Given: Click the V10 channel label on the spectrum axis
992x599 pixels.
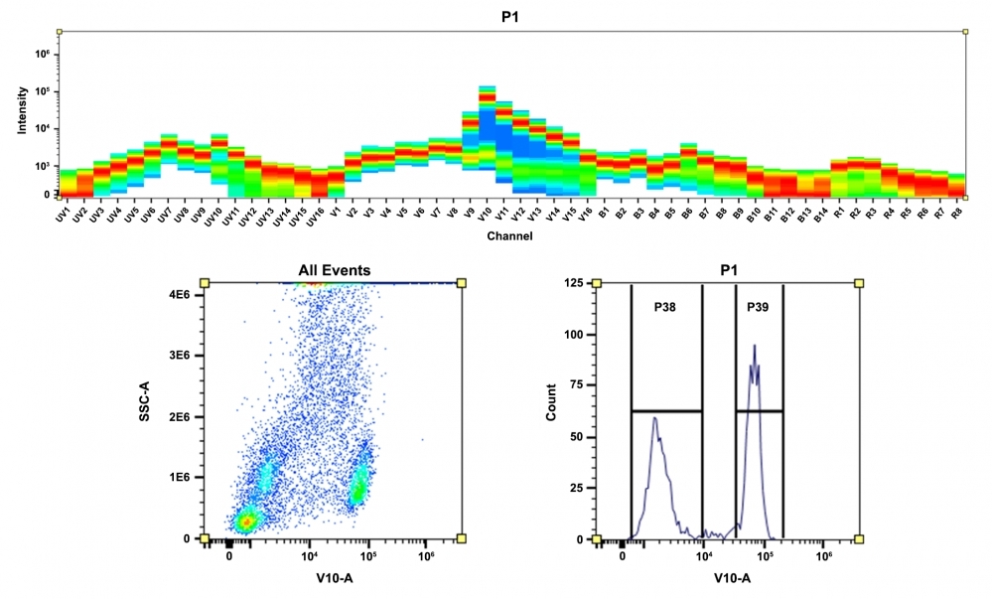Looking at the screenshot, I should [485, 215].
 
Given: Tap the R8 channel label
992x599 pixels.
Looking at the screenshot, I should [956, 214].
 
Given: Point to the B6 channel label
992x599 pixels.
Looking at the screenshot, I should [687, 214].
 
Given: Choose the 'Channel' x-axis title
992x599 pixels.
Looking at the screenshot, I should [509, 236].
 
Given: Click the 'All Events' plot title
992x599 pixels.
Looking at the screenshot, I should [334, 269].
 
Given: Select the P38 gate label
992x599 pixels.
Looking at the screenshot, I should [666, 307].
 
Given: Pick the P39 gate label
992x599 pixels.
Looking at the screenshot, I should [759, 307].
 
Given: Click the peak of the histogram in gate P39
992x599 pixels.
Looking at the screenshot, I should [755, 347].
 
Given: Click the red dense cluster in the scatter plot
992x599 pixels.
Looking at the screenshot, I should [244, 522].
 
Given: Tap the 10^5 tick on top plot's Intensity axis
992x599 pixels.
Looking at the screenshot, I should [43, 91].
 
